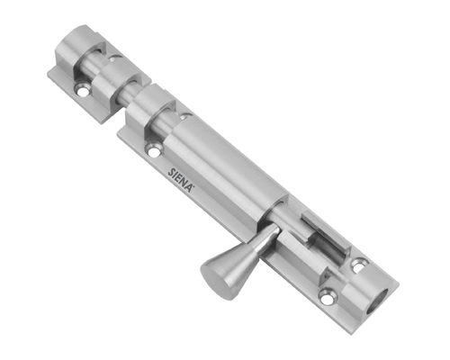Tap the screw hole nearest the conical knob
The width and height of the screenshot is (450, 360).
(x=328, y=295)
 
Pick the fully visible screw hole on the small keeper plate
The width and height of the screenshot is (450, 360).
(x=82, y=90)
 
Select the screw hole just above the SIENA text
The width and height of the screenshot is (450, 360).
(x=155, y=149)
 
